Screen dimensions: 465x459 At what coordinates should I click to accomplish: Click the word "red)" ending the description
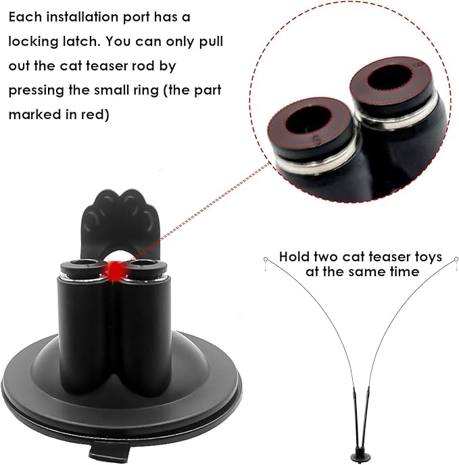[x=96, y=114]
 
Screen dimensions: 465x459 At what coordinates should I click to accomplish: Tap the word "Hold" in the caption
[x=296, y=257]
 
